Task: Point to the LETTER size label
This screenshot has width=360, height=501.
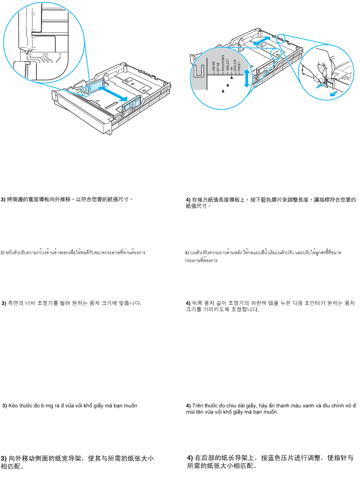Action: point(227,65)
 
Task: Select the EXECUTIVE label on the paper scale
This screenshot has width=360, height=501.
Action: point(223,63)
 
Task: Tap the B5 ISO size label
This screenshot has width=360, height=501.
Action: point(214,66)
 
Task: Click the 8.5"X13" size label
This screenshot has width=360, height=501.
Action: point(235,66)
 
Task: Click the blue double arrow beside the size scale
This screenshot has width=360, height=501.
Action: point(246,78)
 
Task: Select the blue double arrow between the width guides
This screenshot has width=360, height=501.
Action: point(113,94)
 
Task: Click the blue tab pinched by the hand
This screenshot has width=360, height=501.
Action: point(326,83)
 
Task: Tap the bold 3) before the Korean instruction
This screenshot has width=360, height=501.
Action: point(4,303)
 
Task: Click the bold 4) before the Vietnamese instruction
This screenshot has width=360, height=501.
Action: point(188,406)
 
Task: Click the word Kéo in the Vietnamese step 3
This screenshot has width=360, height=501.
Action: point(13,406)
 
